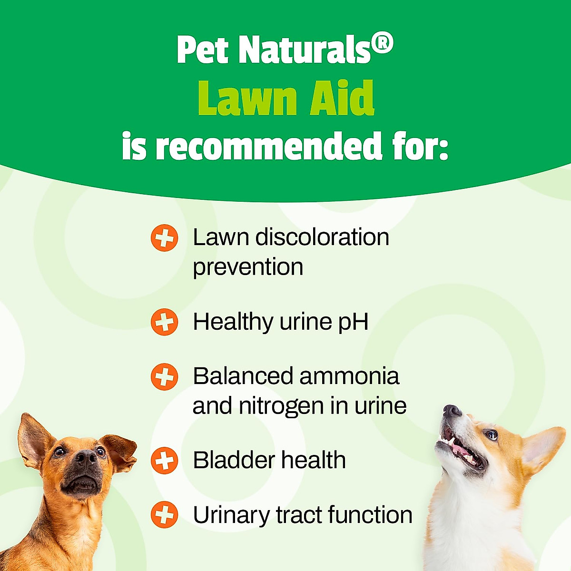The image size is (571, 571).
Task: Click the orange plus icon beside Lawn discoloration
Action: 164,238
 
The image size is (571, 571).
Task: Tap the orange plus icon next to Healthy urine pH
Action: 164,322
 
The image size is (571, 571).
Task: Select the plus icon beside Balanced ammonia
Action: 164,377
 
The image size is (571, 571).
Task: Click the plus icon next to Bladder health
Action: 164,461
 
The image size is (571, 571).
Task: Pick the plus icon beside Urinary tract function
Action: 164,515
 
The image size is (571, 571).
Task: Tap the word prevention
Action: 248,267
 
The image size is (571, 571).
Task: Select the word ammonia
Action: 349,376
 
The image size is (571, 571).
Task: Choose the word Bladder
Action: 233,460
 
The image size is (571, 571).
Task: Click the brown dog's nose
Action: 85,458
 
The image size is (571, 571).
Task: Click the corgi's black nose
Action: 452,411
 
